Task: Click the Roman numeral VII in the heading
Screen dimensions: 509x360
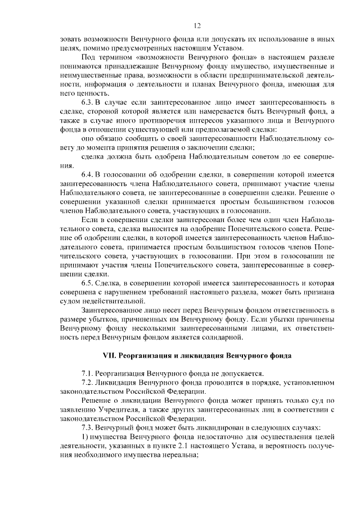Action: [108, 356]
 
